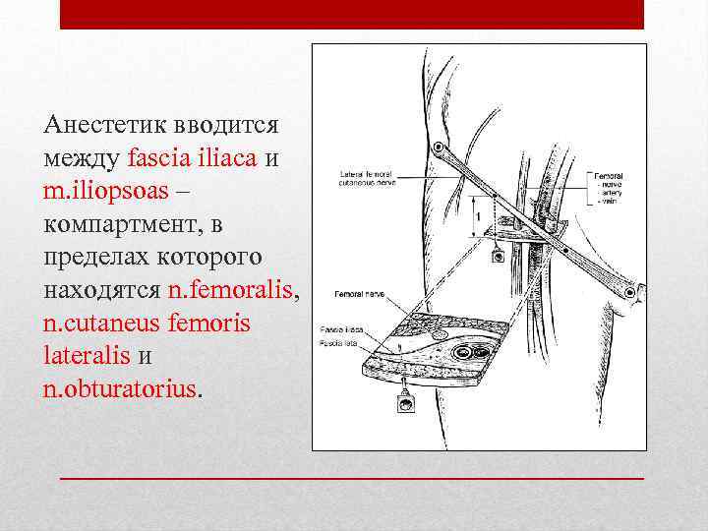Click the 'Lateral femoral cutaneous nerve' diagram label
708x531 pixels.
[366, 178]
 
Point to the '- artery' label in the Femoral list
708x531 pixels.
[606, 195]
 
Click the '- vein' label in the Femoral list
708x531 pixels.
[603, 204]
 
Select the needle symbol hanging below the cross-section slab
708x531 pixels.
[401, 403]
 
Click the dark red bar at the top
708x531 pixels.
[352, 15]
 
